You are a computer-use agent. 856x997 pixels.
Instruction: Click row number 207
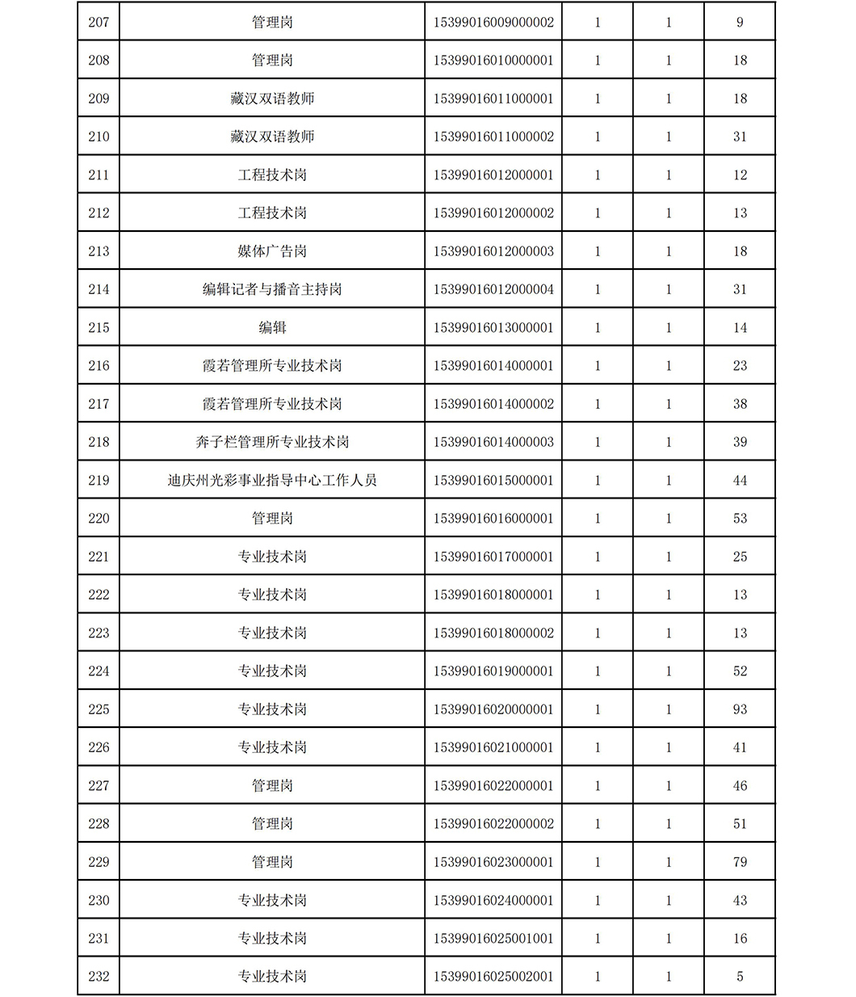click(x=99, y=22)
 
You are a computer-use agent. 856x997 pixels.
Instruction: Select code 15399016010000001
click(x=493, y=61)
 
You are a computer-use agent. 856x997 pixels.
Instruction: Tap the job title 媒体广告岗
click(x=272, y=251)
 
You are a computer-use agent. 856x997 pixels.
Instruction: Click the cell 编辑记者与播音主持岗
click(x=272, y=289)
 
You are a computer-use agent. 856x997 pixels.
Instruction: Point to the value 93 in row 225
click(x=740, y=709)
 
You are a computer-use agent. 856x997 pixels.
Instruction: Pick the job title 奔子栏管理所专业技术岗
click(x=272, y=442)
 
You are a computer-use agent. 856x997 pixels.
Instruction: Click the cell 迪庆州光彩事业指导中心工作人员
click(x=272, y=480)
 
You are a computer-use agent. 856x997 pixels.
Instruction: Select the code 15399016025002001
click(x=493, y=976)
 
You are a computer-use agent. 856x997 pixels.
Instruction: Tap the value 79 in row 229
click(x=740, y=862)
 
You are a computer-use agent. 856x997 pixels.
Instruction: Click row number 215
click(x=99, y=327)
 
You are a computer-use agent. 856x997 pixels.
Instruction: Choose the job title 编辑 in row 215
click(x=272, y=327)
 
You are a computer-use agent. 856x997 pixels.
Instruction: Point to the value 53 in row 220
click(x=740, y=518)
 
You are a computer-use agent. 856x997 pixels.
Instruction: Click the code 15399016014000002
click(x=493, y=404)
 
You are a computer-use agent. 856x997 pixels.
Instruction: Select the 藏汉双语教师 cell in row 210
click(x=272, y=137)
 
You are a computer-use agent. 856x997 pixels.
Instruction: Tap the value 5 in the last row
click(x=740, y=976)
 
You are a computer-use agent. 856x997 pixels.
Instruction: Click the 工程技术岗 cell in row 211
click(x=272, y=175)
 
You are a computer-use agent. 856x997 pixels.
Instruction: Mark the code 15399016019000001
click(x=493, y=671)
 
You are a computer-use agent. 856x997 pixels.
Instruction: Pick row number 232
click(x=99, y=976)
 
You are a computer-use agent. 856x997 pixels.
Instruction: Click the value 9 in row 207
click(x=740, y=22)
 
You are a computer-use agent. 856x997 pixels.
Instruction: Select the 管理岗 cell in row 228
click(x=272, y=823)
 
